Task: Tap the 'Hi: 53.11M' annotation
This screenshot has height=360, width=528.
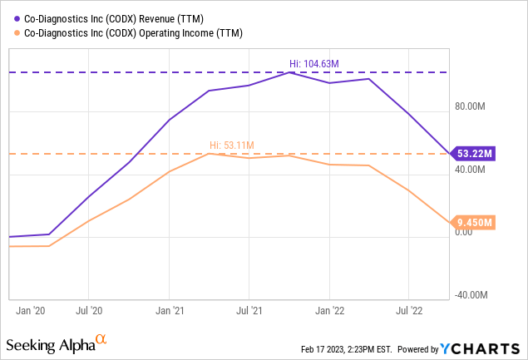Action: coord(230,145)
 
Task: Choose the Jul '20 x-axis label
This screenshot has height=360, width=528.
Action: coord(88,311)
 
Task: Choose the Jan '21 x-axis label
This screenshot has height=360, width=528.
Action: coord(169,311)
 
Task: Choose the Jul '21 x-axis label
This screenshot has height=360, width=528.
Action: coord(249,311)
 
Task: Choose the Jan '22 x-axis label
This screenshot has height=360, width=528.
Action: coord(329,311)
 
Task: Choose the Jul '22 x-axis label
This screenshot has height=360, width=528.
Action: coord(408,311)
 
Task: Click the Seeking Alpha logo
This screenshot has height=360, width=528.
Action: coord(57,343)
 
